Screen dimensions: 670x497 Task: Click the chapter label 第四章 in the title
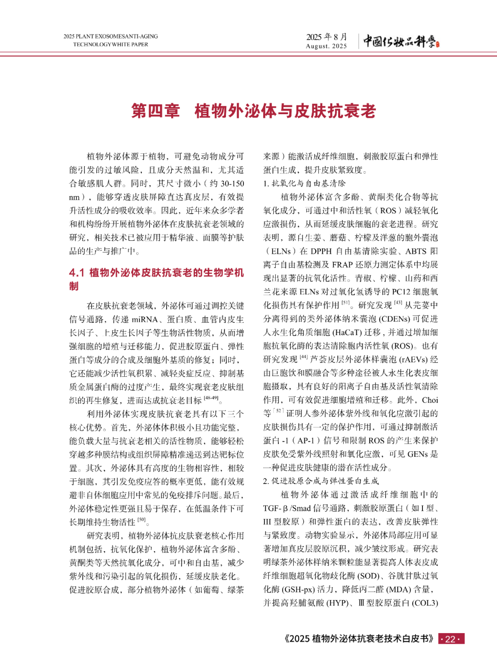point(156,111)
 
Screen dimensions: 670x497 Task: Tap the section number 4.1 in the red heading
point(77,273)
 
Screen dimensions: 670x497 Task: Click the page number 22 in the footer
point(451,639)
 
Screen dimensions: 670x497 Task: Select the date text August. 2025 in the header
point(326,46)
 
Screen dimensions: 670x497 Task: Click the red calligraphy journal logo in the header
point(401,41)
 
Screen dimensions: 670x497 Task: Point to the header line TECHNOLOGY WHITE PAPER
point(110,45)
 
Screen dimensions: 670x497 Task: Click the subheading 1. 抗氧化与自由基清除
point(304,183)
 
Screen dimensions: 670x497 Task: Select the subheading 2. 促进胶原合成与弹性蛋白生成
point(321,481)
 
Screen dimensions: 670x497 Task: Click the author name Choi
point(430,400)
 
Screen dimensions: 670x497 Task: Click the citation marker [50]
point(141,520)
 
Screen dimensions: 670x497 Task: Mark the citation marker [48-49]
point(211,398)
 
